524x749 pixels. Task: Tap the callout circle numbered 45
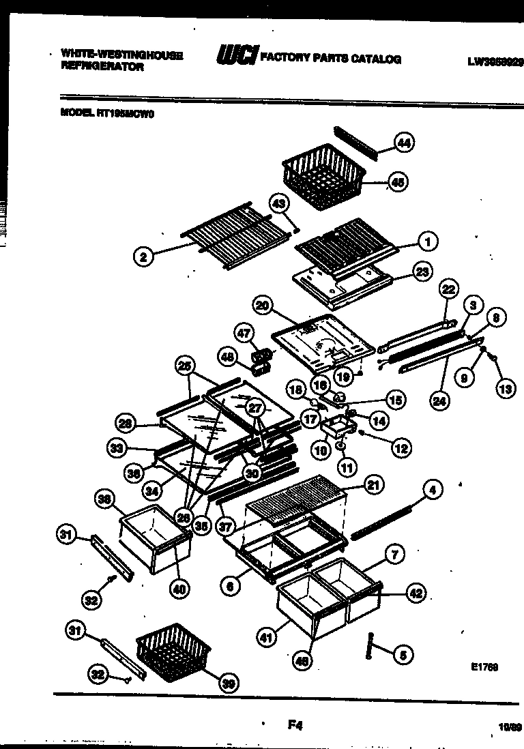pos(396,182)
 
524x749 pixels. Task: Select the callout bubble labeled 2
pos(143,257)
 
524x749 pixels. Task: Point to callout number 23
pos(423,272)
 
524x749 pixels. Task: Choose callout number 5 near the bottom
pos(403,655)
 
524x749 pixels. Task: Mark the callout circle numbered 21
pos(373,485)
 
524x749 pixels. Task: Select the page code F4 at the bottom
pos(295,726)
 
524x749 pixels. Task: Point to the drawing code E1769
pos(484,667)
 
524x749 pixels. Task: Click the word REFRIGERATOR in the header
pos(102,67)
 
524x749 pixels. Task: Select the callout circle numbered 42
pos(416,594)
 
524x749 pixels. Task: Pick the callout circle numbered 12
pos(401,447)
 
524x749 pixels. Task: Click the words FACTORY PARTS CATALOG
pos(330,59)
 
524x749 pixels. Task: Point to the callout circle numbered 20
pos(261,306)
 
